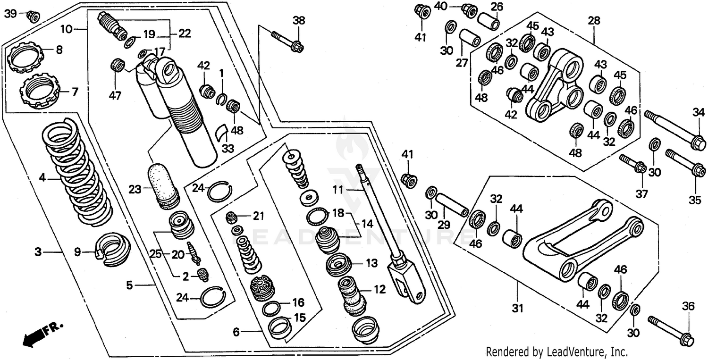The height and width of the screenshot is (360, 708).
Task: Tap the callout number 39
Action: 10,14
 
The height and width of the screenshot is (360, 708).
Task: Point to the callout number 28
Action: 594,21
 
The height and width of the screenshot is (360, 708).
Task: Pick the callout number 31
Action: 518,309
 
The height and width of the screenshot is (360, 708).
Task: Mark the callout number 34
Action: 698,112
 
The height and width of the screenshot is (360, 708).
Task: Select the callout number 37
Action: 641,194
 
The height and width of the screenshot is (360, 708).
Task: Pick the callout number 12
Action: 379,289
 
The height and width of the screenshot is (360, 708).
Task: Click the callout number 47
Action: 115,96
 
